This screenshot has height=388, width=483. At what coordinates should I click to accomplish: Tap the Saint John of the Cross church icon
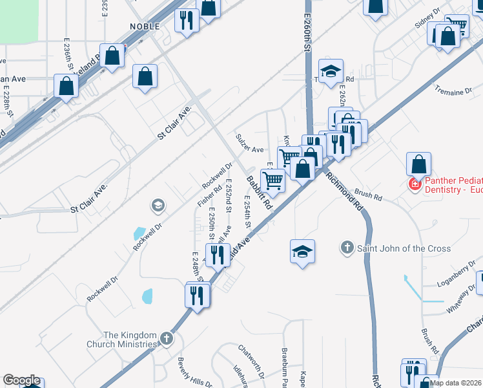tap(347, 248)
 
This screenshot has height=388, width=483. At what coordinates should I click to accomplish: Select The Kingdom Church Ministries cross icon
tap(167, 338)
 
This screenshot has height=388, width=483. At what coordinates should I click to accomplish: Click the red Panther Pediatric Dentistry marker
tap(414, 185)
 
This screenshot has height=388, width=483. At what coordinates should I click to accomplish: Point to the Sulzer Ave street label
tap(249, 149)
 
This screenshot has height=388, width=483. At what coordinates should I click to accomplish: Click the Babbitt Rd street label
tap(258, 193)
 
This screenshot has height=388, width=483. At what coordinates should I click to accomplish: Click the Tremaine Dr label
tap(449, 91)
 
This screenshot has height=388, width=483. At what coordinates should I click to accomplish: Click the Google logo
tap(21, 380)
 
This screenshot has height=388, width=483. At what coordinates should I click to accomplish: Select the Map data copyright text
tap(456, 383)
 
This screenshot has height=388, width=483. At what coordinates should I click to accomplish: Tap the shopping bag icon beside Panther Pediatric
tap(419, 165)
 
